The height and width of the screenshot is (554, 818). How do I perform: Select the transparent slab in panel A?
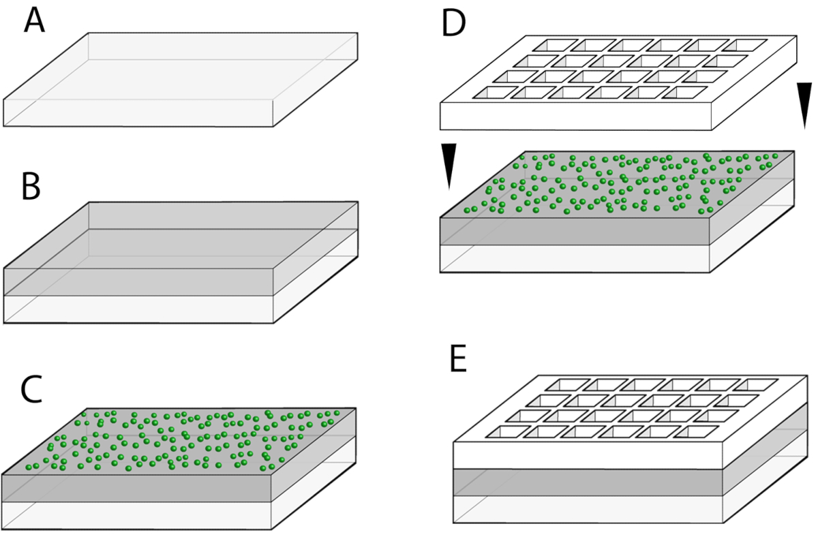tap(181, 78)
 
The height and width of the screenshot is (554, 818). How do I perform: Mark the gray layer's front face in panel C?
tap(136, 488)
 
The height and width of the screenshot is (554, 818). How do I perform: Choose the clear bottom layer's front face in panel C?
tap(136, 516)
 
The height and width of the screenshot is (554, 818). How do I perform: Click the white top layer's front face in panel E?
tap(586, 455)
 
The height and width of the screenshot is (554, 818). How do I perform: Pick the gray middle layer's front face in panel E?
tap(586, 482)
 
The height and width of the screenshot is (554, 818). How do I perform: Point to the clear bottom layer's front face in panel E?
tap(586, 509)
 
